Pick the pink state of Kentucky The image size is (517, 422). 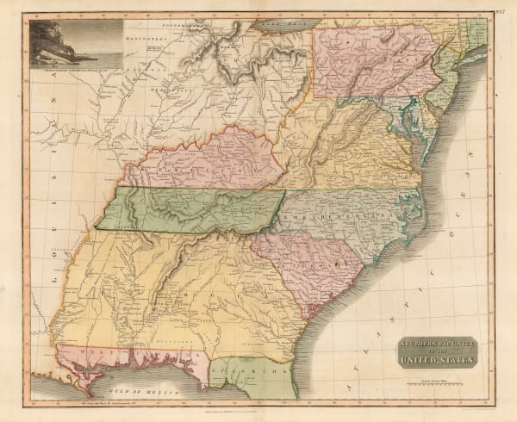215,159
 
